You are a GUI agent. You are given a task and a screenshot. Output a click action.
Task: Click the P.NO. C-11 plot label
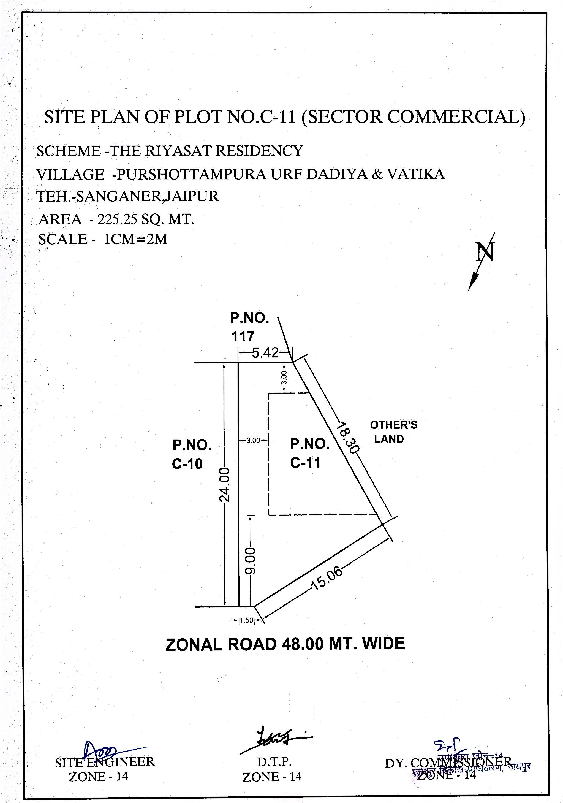(x=309, y=453)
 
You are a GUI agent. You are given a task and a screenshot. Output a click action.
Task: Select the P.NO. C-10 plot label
(x=192, y=454)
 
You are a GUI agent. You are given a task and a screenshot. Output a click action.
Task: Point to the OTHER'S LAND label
(x=393, y=432)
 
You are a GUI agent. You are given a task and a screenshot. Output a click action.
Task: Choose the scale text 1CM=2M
(x=136, y=239)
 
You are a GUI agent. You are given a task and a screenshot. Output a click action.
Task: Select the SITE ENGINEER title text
(x=105, y=762)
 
